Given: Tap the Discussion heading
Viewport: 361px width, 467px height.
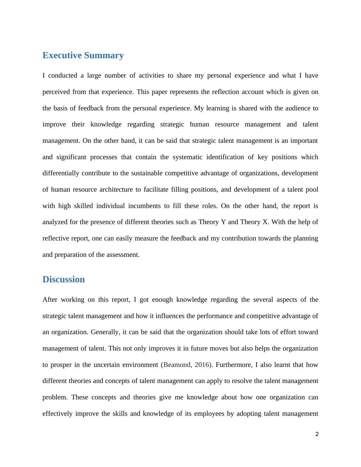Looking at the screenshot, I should click(x=64, y=279).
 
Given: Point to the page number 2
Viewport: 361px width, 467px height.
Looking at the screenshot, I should click(x=317, y=434).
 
